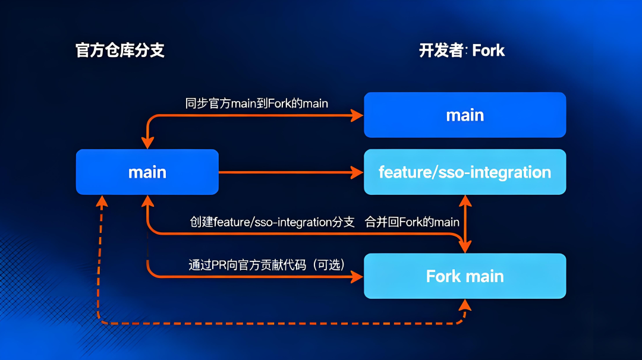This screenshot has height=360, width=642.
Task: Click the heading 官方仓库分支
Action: pos(120,50)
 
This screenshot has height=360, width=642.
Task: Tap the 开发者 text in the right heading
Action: pos(440,50)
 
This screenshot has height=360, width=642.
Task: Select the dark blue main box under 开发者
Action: pos(465,115)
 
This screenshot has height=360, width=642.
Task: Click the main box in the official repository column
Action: pos(147,172)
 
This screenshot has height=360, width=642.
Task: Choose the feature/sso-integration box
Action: pos(465,172)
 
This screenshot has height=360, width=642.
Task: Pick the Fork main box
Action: pos(465,276)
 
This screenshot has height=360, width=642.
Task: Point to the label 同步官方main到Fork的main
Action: pos(257,103)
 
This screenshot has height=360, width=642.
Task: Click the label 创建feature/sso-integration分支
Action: pos(272,222)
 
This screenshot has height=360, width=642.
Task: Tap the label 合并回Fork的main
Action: pos(412,222)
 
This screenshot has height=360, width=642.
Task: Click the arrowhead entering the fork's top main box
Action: pos(357,115)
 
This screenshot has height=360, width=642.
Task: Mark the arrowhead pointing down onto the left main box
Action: pos(147,143)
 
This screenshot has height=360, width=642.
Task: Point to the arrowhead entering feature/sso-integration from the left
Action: pos(357,173)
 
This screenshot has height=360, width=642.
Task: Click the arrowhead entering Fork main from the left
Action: pos(357,277)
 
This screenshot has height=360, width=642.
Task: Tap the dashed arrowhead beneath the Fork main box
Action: pos(465,305)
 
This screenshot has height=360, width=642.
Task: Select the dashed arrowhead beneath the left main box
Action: pos(103,201)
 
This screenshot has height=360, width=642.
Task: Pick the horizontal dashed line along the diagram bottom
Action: pos(279,323)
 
